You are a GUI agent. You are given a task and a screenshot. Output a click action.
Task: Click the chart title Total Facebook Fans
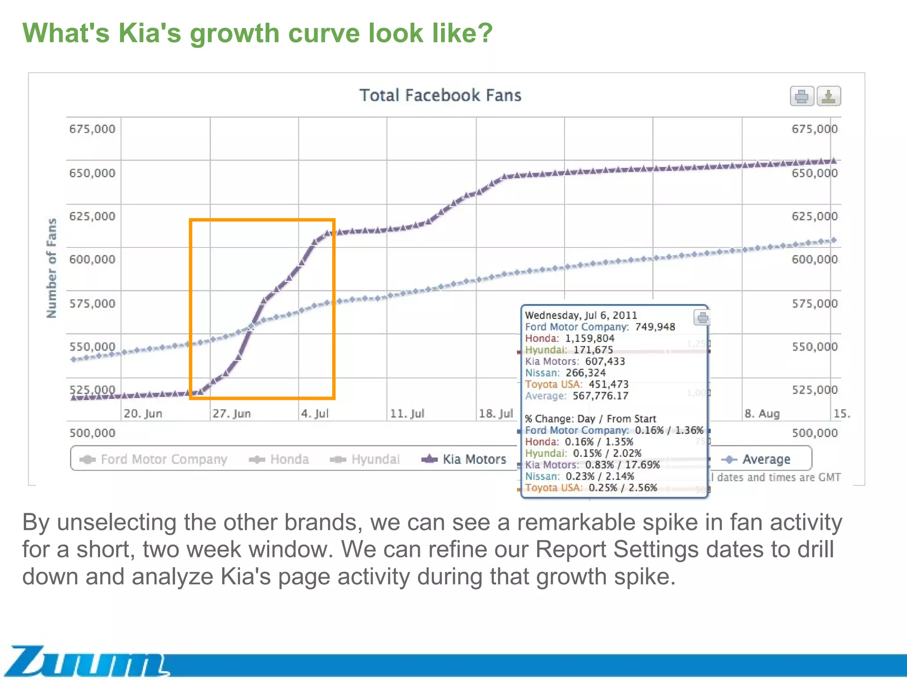click(x=440, y=95)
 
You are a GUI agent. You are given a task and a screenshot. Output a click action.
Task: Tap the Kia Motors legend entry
click(x=464, y=459)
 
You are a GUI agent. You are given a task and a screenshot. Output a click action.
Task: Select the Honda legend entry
click(x=279, y=459)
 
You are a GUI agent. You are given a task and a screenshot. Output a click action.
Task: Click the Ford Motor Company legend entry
click(x=154, y=459)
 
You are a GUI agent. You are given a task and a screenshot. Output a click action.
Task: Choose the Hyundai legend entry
click(x=365, y=459)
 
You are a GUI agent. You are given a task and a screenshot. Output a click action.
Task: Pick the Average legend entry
click(x=756, y=459)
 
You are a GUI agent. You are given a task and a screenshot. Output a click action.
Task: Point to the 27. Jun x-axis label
click(x=232, y=413)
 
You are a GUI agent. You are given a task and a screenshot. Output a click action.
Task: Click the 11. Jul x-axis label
click(x=407, y=413)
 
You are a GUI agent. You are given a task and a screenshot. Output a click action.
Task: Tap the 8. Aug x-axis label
click(x=762, y=413)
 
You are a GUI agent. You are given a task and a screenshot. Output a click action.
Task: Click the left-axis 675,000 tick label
click(x=92, y=129)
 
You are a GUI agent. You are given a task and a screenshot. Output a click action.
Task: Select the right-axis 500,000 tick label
click(x=814, y=433)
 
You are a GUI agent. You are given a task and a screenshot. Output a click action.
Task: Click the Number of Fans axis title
click(x=52, y=268)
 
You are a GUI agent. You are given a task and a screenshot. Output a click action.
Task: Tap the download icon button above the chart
click(x=829, y=96)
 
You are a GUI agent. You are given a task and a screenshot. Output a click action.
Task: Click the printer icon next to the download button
click(x=802, y=96)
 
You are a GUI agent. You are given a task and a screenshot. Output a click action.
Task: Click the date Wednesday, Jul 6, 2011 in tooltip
click(x=581, y=315)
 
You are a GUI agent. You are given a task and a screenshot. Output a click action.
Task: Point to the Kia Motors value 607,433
click(x=605, y=361)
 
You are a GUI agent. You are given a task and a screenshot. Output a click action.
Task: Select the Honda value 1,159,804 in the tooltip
click(x=589, y=338)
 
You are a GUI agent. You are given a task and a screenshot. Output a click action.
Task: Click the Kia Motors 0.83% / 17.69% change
click(x=622, y=464)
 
